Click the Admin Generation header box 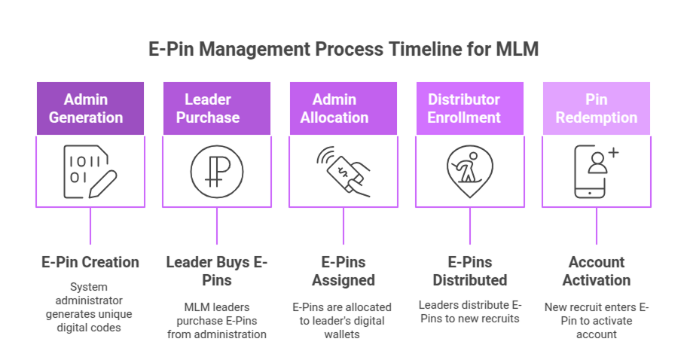click(90, 108)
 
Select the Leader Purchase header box click(217, 108)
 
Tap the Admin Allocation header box click(343, 108)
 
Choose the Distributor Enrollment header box click(470, 108)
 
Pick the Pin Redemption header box click(597, 108)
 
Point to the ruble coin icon click(217, 171)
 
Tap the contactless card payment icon click(343, 171)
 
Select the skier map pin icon click(470, 171)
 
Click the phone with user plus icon click(597, 171)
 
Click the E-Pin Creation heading click(90, 262)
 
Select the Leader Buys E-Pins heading click(217, 271)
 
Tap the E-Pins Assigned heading click(343, 271)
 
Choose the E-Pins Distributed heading click(470, 271)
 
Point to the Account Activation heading click(597, 271)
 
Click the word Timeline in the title click(416, 49)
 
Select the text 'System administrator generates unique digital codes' click(90, 308)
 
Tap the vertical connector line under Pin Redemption click(597, 226)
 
